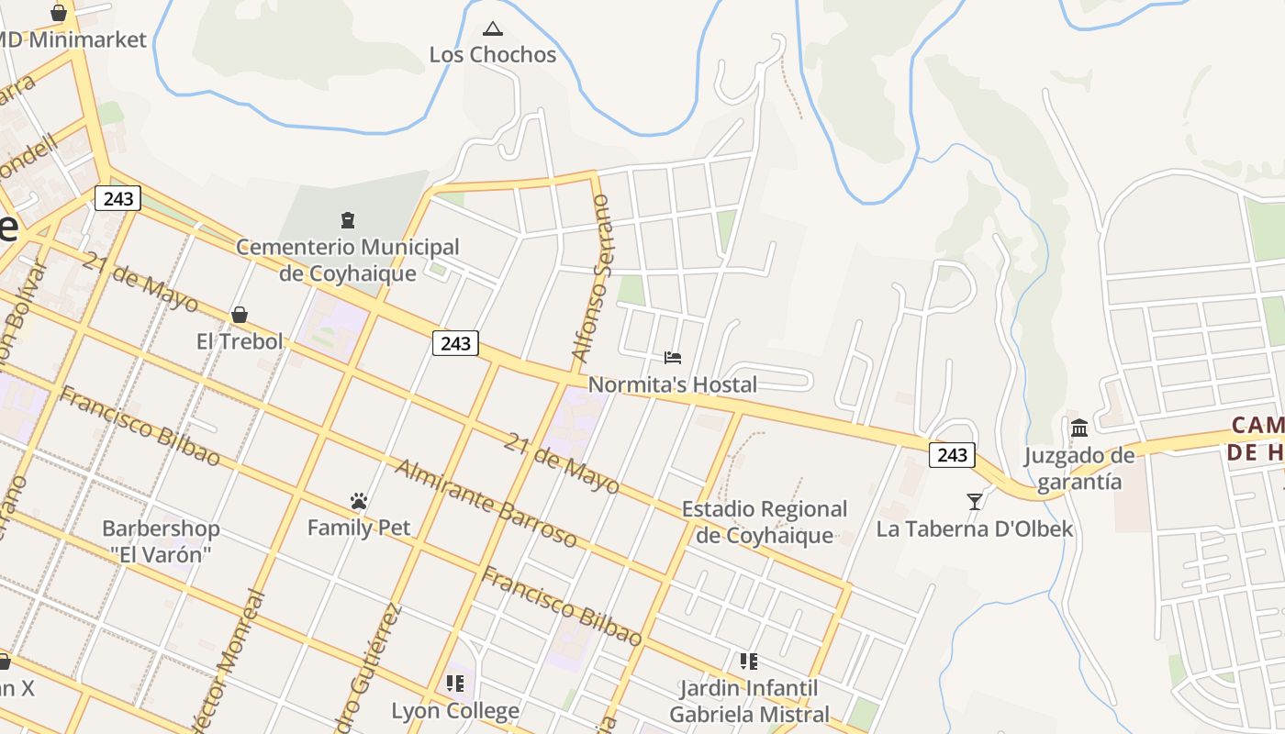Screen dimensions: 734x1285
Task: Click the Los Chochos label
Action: [x=493, y=55]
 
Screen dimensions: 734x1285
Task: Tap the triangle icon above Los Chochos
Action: [x=493, y=29]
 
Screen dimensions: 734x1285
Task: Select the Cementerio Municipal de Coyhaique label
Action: [x=348, y=260]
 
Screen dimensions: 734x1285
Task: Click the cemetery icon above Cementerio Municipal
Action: [x=348, y=220]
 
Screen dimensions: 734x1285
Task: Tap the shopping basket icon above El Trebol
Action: [x=240, y=316]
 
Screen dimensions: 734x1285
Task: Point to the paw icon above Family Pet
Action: [x=359, y=502]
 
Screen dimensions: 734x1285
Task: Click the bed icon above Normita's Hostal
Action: [x=673, y=357]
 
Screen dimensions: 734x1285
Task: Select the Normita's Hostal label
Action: [x=673, y=384]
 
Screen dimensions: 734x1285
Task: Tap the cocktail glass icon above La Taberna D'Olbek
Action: [x=975, y=502]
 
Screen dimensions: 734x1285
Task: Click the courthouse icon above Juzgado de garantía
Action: [x=1079, y=428]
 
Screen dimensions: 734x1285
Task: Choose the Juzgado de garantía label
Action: [x=1079, y=468]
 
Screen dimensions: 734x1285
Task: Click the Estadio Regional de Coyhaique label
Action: [x=765, y=522]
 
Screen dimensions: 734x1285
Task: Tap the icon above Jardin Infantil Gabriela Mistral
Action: [x=749, y=662]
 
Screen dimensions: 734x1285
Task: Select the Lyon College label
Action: [x=455, y=711]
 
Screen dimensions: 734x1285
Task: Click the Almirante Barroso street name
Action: [x=486, y=503]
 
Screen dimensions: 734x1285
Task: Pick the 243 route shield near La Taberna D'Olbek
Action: [x=952, y=455]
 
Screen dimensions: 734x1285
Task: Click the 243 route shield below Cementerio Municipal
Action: [x=455, y=344]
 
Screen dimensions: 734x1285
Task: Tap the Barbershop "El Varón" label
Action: [x=161, y=541]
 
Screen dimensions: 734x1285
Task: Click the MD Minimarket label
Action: [x=73, y=39]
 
